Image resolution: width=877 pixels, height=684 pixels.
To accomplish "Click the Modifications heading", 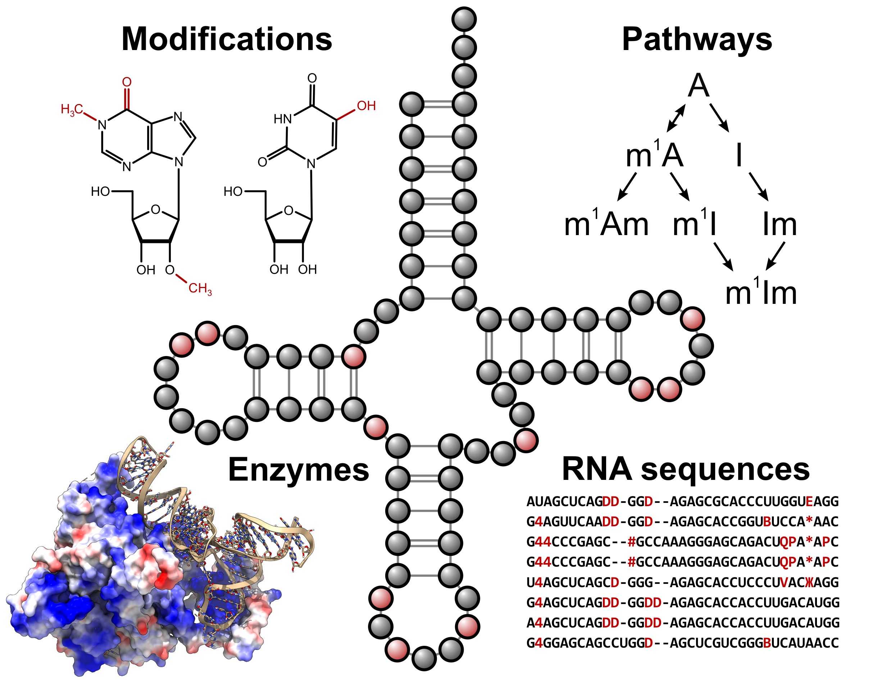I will [x=227, y=39].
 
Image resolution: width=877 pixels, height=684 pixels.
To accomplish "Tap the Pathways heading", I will [x=697, y=39].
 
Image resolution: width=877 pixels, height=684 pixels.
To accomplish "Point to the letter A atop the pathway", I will [x=698, y=86].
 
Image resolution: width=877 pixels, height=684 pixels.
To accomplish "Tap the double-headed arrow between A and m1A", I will [x=676, y=118].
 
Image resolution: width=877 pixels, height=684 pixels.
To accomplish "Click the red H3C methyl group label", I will [x=72, y=109].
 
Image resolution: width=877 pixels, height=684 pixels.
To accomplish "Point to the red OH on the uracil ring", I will [x=366, y=106].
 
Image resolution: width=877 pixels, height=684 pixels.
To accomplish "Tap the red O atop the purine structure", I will [x=127, y=82].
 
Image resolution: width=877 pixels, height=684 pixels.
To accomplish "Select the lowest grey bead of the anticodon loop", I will [x=424, y=659].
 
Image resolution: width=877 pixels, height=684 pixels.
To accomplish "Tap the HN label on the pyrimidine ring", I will [x=282, y=119].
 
